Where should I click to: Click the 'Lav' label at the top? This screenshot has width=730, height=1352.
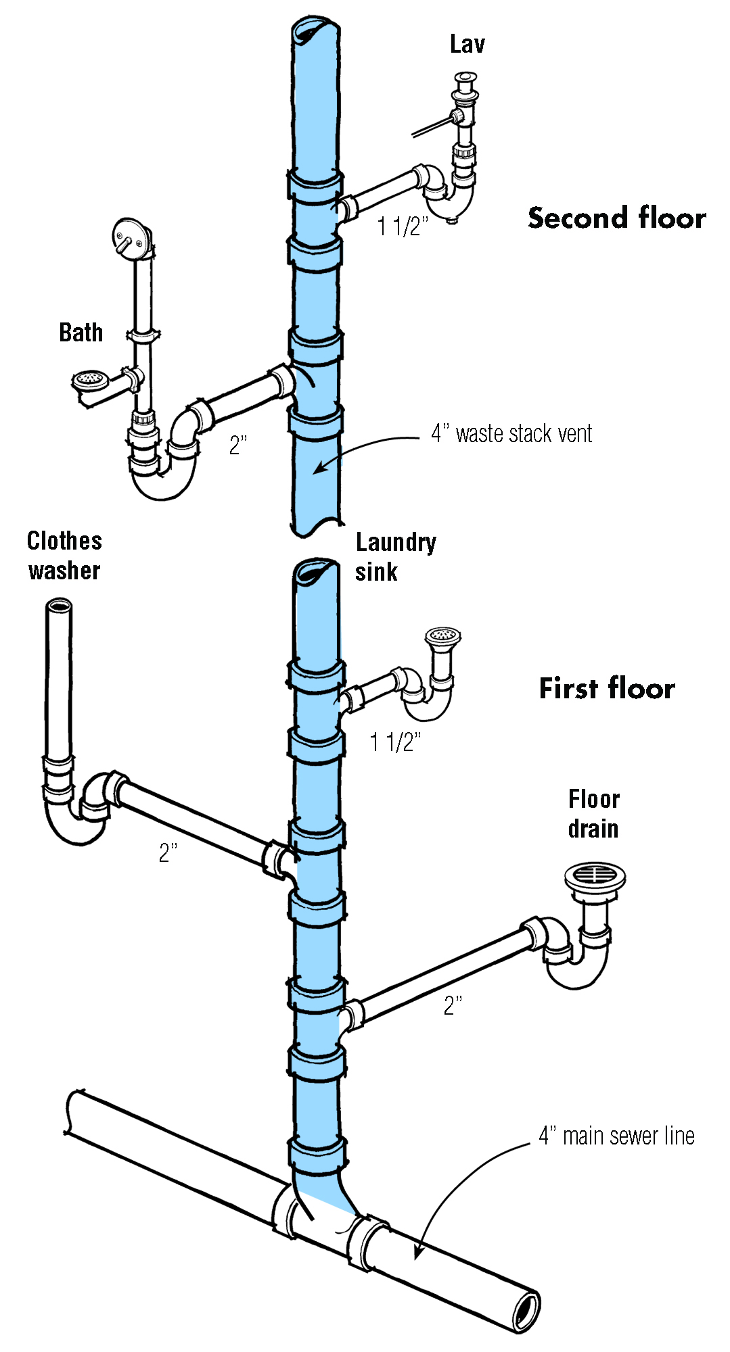click(467, 45)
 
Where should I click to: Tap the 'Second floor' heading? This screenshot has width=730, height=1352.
click(616, 218)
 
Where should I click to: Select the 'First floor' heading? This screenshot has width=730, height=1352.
click(607, 689)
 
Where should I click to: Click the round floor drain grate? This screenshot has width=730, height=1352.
click(595, 875)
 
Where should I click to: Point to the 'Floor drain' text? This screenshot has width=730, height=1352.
click(593, 814)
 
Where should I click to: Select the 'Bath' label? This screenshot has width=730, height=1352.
click(81, 333)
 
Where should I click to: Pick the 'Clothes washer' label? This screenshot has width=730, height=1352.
click(64, 556)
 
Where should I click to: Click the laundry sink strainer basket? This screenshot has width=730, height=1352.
click(443, 635)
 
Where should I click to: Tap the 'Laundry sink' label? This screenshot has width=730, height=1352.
click(396, 556)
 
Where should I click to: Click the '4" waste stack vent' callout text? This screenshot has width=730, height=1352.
click(511, 434)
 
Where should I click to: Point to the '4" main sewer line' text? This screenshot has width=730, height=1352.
click(616, 1136)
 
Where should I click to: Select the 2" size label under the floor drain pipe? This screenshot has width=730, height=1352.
click(453, 1005)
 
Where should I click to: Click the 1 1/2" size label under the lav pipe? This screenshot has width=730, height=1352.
click(403, 226)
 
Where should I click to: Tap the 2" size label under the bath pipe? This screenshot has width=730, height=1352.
click(238, 445)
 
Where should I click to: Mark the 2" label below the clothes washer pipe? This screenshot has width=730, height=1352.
click(168, 853)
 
